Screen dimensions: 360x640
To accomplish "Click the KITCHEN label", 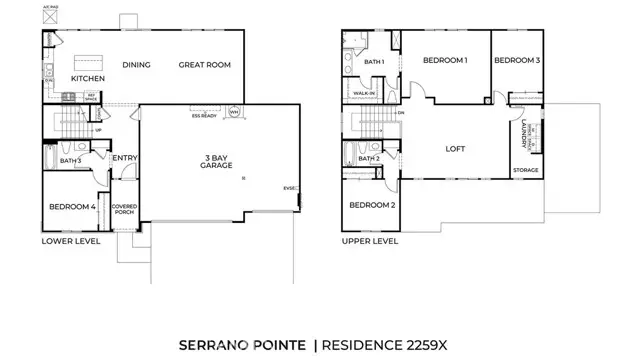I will (x=88, y=78).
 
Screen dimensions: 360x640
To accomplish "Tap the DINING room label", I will (x=137, y=65).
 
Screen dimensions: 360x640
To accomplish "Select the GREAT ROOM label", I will (x=204, y=65).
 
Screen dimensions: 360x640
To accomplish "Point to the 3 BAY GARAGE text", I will (x=216, y=161).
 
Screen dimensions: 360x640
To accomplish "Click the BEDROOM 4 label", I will (x=72, y=207).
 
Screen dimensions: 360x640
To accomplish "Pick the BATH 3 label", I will (x=70, y=160).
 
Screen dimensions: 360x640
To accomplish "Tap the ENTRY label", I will (x=125, y=158).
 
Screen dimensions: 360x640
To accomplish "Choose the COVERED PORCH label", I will (x=125, y=210).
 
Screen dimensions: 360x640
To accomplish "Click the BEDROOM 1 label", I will (x=445, y=61).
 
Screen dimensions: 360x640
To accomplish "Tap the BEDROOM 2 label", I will (x=371, y=205).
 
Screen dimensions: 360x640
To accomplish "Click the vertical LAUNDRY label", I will (x=524, y=134).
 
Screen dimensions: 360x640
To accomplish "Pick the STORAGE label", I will (x=526, y=170).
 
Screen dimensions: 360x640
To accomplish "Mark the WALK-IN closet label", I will (x=364, y=94).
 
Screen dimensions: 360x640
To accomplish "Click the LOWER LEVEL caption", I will (x=71, y=241).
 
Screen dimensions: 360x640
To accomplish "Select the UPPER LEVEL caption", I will (x=369, y=241).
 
